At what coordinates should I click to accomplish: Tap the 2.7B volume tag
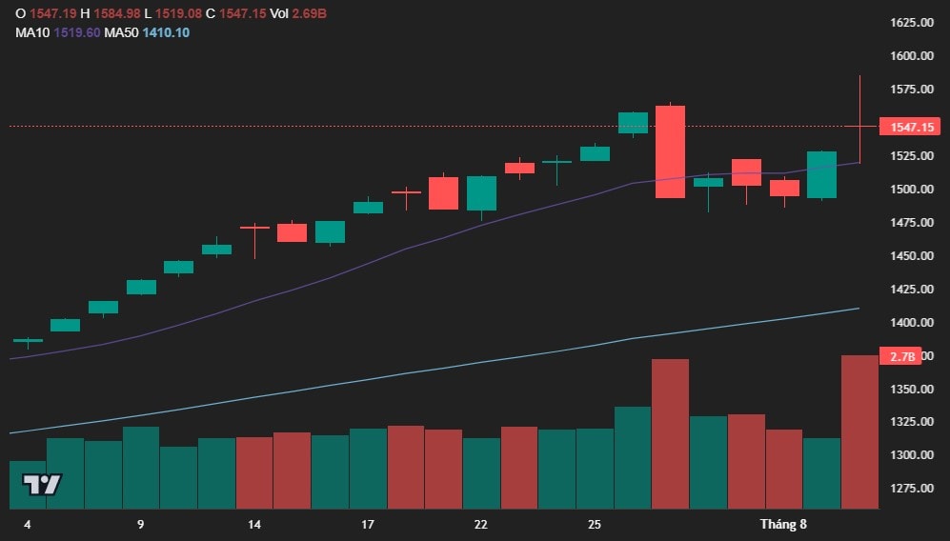point(902,357)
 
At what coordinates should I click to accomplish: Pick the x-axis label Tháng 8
point(783,525)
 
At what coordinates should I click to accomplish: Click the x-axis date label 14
point(254,525)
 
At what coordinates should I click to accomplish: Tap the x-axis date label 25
point(595,525)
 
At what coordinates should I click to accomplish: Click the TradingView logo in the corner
point(42,484)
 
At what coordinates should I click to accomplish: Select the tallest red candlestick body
point(670,151)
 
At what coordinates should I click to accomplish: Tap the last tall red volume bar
point(859,432)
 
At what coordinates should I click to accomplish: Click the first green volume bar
point(28,485)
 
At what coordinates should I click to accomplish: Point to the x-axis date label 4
point(27,525)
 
